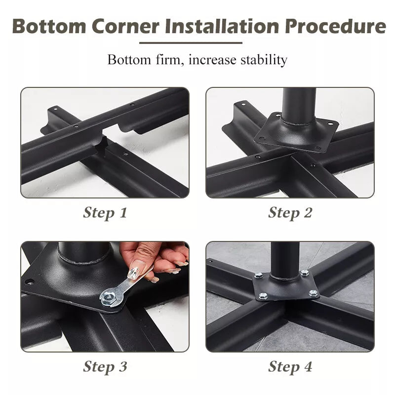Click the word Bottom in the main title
click(x=49, y=26)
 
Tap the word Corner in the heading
click(x=125, y=26)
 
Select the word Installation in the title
click(x=222, y=26)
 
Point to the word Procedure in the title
click(x=335, y=26)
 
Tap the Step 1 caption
click(x=105, y=213)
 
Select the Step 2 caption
click(x=290, y=213)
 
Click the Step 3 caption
click(x=105, y=366)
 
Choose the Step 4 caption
click(x=290, y=366)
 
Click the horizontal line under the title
click(x=191, y=43)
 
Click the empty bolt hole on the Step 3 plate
click(x=29, y=281)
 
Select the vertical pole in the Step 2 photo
click(x=299, y=106)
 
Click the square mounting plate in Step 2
click(x=296, y=132)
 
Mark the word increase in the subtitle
click(x=213, y=60)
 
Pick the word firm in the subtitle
click(x=170, y=60)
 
